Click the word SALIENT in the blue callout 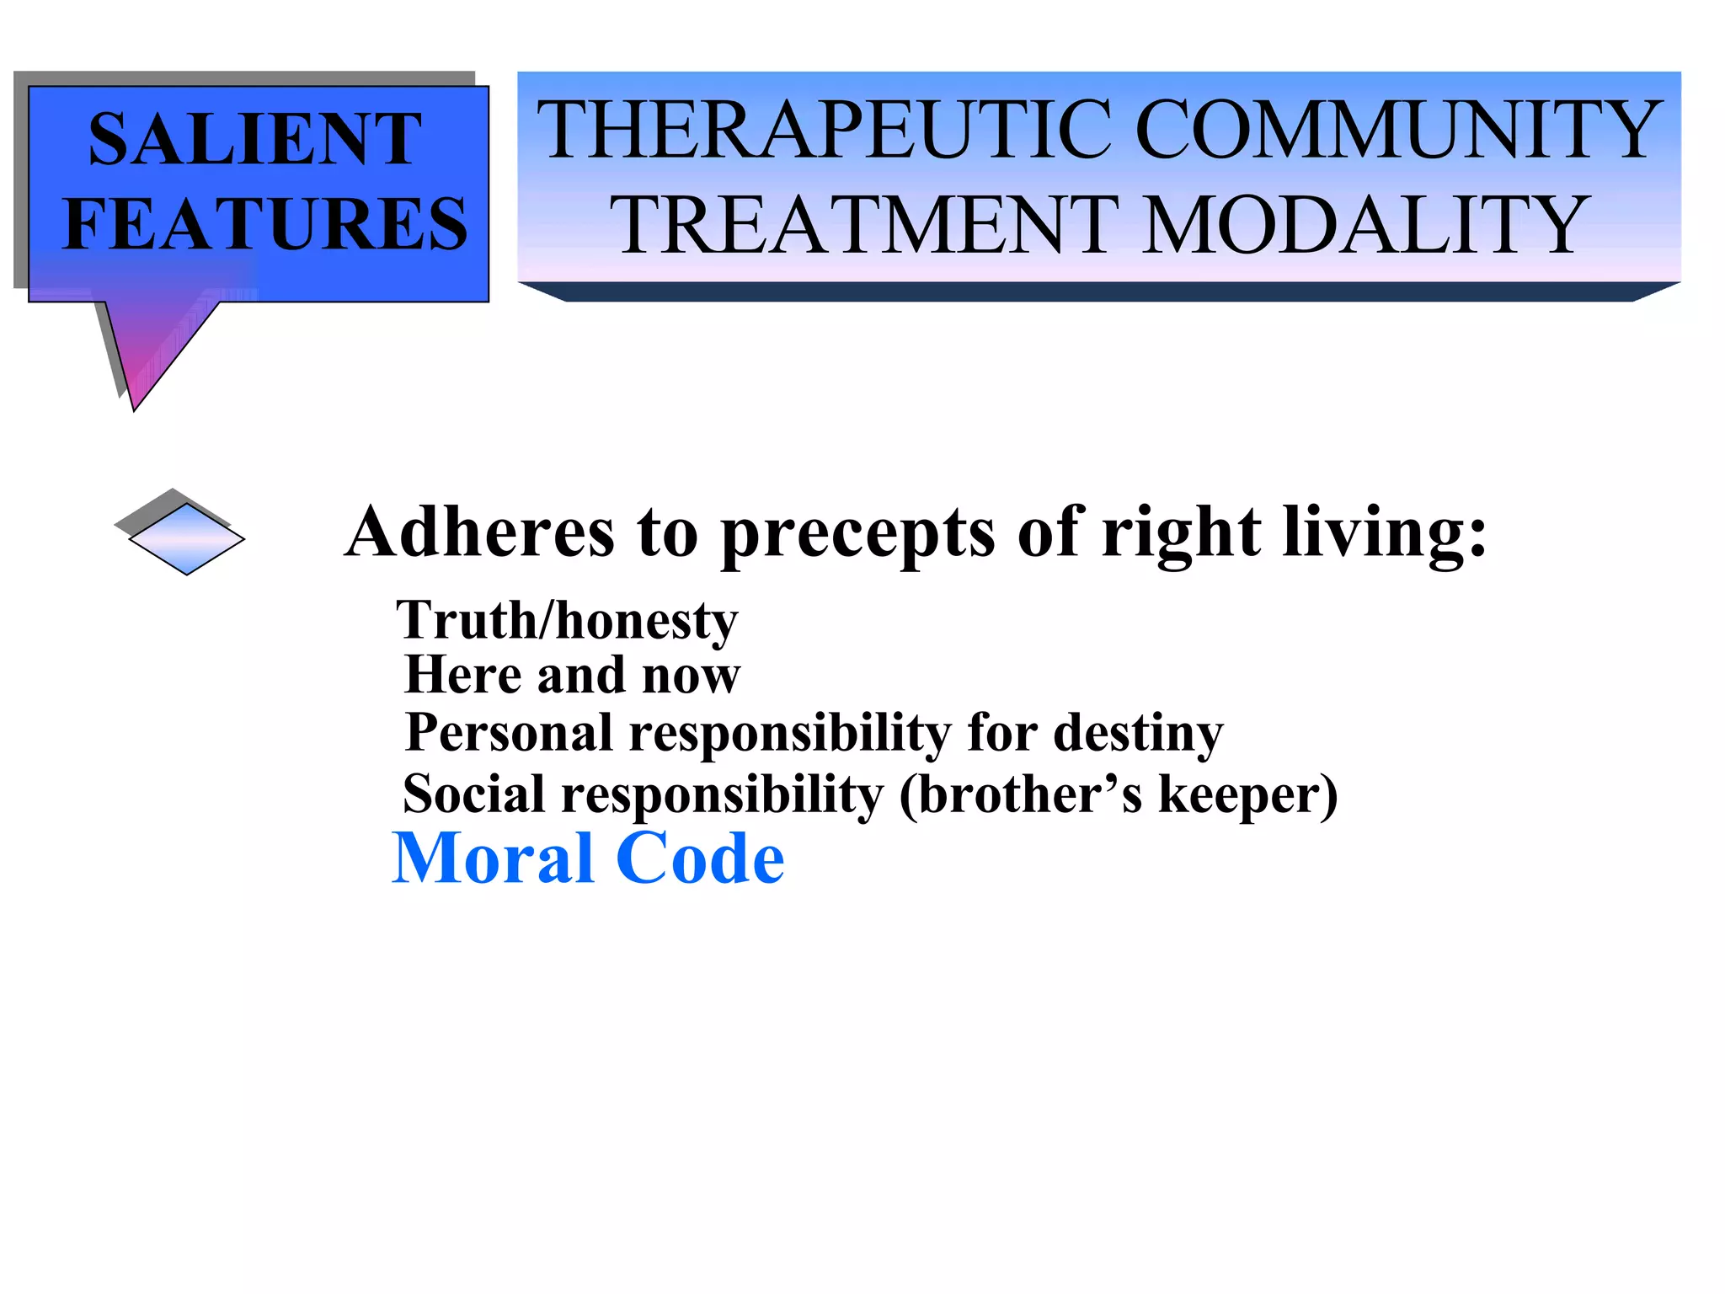254,139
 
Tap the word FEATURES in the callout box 265,223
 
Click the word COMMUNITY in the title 1398,130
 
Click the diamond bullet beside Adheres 186,537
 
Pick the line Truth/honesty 567,622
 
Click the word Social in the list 474,794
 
